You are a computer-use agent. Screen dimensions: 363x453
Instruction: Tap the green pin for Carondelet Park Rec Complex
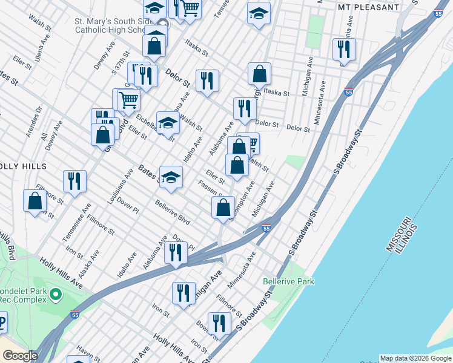[56, 295]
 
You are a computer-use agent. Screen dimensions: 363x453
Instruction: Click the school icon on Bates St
[171, 177]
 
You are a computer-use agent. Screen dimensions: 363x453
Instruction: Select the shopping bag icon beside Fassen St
[223, 208]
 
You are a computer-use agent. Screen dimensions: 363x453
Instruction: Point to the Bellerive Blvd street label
[173, 212]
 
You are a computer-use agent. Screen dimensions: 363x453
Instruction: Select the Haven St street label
[84, 350]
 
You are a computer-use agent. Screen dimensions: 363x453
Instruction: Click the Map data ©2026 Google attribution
[415, 358]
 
